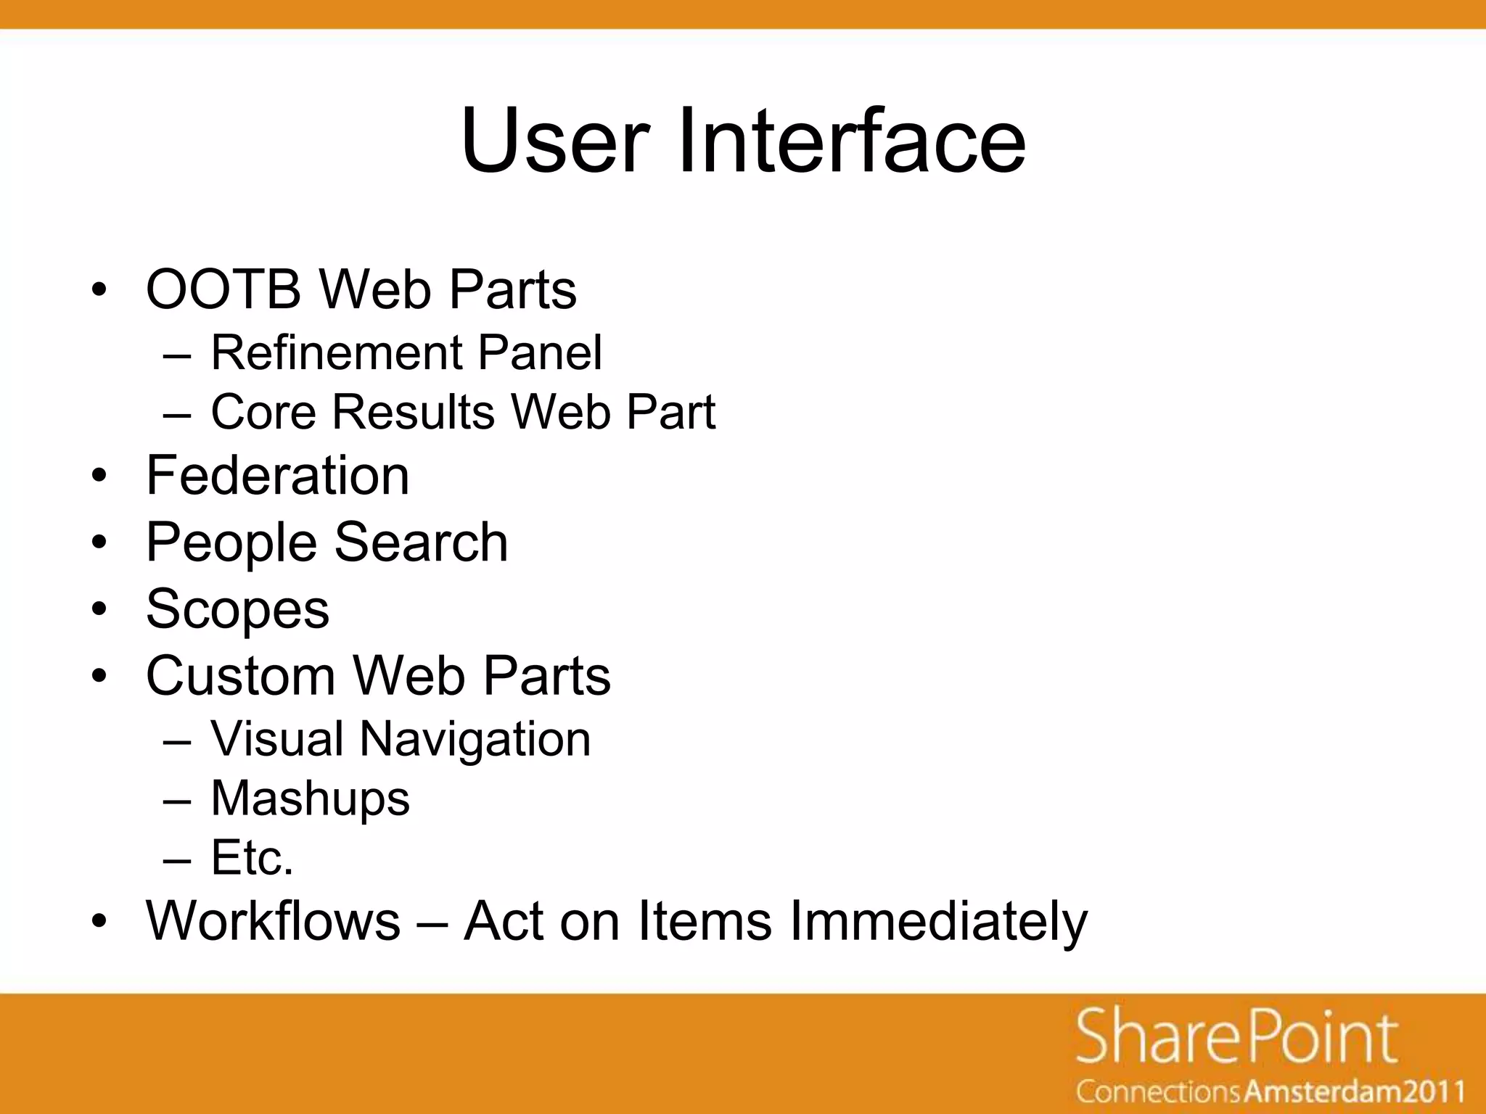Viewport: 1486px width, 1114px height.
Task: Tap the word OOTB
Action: [223, 289]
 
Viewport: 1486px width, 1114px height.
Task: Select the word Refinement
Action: [337, 353]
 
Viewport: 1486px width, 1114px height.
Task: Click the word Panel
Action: [540, 353]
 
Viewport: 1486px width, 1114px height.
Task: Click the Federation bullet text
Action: [278, 476]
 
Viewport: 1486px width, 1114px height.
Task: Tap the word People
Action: [231, 543]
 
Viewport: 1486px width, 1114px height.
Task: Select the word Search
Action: [421, 543]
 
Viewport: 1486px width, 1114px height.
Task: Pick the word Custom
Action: [241, 676]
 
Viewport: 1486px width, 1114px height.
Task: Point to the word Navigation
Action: [475, 740]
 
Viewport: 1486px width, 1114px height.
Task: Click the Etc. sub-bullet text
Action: [252, 858]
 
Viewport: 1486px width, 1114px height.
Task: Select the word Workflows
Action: [273, 921]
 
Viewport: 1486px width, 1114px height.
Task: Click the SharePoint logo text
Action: [1236, 1039]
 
